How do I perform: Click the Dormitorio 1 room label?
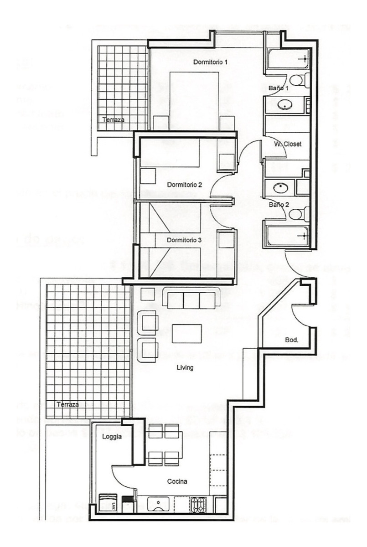click(x=210, y=62)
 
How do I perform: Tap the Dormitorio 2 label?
click(x=184, y=185)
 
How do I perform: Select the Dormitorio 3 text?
click(x=184, y=240)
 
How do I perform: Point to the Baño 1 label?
click(x=279, y=88)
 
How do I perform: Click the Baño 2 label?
click(x=279, y=205)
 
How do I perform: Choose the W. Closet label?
click(x=288, y=144)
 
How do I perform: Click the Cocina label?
click(x=177, y=481)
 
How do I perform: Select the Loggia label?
click(x=112, y=436)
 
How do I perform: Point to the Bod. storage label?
click(x=291, y=340)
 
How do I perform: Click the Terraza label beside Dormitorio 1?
click(x=113, y=120)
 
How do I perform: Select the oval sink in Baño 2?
click(x=278, y=187)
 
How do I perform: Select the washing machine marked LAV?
click(x=109, y=504)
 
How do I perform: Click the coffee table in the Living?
click(x=187, y=333)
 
